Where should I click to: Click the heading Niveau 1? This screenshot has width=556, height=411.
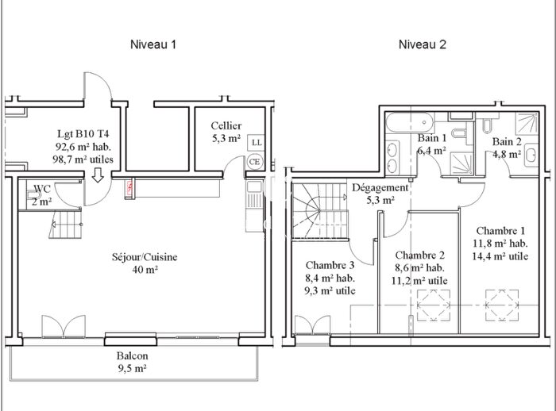[x=153, y=44]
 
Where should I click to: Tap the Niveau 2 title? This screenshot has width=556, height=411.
[x=421, y=44]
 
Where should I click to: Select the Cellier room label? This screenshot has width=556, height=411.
[x=226, y=126]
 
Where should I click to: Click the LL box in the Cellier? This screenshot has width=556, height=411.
[x=255, y=142]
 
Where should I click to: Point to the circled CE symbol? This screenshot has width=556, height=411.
[x=255, y=161]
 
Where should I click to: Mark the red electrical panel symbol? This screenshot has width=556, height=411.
[x=131, y=189]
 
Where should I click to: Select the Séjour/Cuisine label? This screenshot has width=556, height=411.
[x=144, y=258]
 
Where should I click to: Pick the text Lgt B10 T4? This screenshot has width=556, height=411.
[x=83, y=134]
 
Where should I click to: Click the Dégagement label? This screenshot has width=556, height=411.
[x=380, y=188]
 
